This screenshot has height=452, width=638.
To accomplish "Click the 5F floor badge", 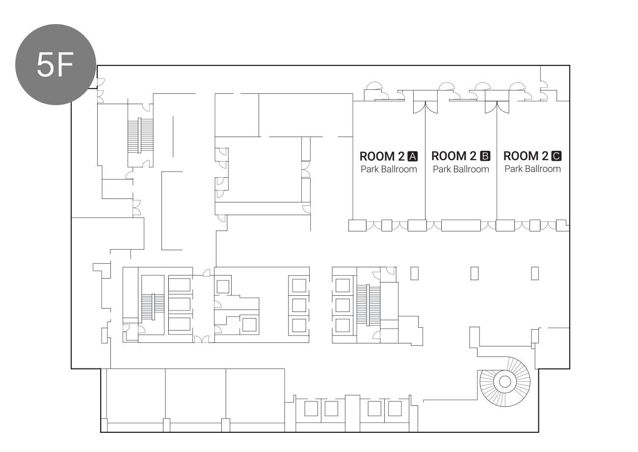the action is pyautogui.click(x=55, y=64).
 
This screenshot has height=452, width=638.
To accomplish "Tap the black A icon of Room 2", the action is pyautogui.click(x=413, y=157).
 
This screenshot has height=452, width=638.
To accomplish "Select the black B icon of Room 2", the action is pyautogui.click(x=485, y=156).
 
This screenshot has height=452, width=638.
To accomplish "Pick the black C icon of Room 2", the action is pyautogui.click(x=557, y=156).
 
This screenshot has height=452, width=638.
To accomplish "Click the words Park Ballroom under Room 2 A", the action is pyautogui.click(x=389, y=169).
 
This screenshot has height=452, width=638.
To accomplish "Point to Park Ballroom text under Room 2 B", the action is pyautogui.click(x=461, y=169).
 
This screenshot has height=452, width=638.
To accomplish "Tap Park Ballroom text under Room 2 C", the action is pyautogui.click(x=532, y=169).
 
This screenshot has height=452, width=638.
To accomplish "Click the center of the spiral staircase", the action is pyautogui.click(x=505, y=382).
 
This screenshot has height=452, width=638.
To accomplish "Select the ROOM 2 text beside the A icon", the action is pyautogui.click(x=382, y=157).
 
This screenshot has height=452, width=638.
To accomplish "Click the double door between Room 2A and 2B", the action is pyautogui.click(x=425, y=108).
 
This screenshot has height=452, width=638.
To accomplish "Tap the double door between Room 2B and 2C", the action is pyautogui.click(x=497, y=108).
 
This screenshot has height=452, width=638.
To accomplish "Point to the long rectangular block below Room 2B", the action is pyautogui.click(x=461, y=226).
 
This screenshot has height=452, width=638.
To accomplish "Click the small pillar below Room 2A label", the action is pyautogui.click(x=414, y=274).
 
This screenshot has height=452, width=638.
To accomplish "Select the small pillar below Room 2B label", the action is pyautogui.click(x=475, y=274).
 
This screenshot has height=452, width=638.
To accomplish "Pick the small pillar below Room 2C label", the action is pyautogui.click(x=535, y=274).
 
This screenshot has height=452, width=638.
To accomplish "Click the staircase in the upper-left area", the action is pyautogui.click(x=140, y=136).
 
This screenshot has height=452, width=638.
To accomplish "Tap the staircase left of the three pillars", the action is pyautogui.click(x=368, y=305).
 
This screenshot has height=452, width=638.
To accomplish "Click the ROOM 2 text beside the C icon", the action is pyautogui.click(x=526, y=156).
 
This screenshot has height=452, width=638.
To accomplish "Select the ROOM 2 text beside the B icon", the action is pyautogui.click(x=454, y=156).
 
